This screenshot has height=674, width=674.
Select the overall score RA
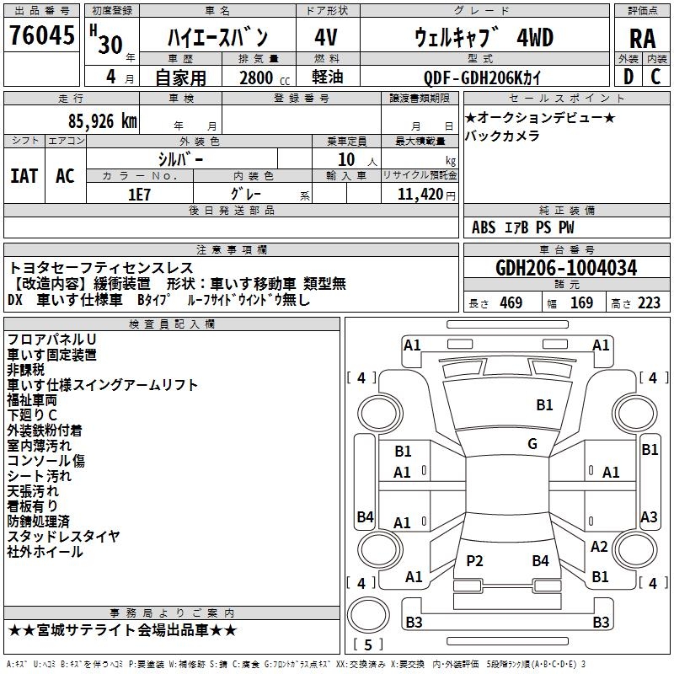click(642, 38)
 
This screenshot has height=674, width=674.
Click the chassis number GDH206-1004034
click(566, 269)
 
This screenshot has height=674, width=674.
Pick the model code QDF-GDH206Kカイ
click(483, 78)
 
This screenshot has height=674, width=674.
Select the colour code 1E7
click(139, 194)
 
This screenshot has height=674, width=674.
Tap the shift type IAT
click(24, 176)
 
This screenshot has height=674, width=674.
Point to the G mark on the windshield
click(532, 444)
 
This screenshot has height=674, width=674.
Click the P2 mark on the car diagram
click(474, 560)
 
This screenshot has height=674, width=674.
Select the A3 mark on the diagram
click(649, 517)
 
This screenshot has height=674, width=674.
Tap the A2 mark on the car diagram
click(598, 547)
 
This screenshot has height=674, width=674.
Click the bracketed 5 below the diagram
click(367, 645)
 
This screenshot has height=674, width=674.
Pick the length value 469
click(510, 303)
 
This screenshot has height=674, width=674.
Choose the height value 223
click(648, 303)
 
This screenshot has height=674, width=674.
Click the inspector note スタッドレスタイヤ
click(63, 537)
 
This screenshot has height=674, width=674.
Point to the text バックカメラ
click(502, 136)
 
